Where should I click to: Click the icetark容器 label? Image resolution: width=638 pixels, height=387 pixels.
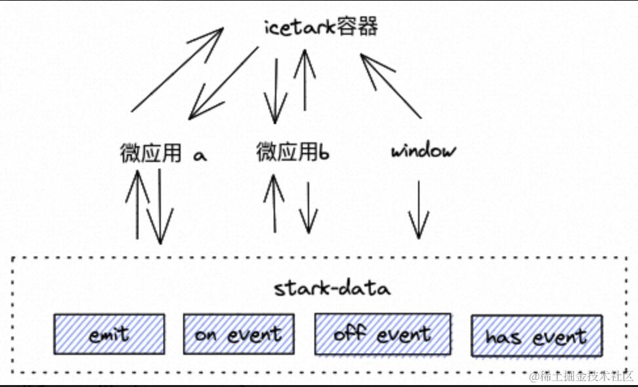(321, 28)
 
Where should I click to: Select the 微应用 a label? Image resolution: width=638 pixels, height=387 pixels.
(163, 153)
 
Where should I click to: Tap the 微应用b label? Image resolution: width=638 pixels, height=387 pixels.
(293, 152)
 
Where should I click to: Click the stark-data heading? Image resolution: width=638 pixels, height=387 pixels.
(332, 288)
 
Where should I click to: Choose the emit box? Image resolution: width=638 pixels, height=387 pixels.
(109, 334)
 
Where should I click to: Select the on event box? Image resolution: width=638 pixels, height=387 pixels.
(238, 334)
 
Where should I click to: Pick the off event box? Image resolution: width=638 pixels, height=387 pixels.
(383, 333)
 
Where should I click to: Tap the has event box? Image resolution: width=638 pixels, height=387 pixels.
(537, 336)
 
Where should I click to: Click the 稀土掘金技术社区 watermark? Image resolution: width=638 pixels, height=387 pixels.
(582, 376)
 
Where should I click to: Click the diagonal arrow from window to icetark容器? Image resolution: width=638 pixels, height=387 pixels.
(391, 86)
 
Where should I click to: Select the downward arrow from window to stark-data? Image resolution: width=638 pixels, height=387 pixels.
(419, 210)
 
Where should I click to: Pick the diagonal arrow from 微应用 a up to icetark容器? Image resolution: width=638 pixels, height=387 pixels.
(177, 70)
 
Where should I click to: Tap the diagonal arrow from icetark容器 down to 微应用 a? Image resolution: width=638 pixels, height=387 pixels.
(223, 83)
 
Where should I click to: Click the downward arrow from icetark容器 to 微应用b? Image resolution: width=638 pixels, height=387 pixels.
(276, 91)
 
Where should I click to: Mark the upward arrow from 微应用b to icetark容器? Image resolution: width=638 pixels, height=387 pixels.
(305, 79)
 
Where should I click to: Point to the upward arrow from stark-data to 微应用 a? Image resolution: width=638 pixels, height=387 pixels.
(138, 205)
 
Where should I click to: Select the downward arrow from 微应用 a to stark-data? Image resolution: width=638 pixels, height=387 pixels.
(160, 207)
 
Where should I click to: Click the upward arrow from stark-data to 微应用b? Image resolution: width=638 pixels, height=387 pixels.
(274, 203)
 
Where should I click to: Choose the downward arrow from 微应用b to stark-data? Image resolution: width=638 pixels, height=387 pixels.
(308, 208)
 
